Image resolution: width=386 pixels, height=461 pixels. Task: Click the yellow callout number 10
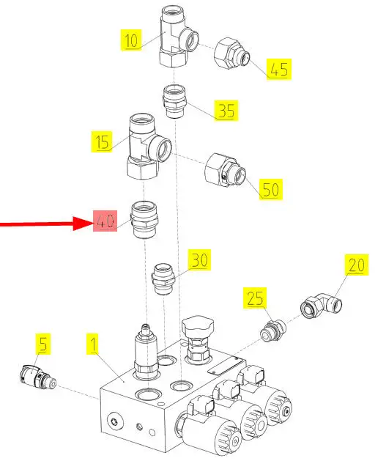131,40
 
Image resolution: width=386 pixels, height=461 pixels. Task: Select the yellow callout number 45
279,69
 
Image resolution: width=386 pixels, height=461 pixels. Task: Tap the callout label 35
226,111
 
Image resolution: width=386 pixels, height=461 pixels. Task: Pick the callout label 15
102,141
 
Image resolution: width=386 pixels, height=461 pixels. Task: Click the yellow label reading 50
270,189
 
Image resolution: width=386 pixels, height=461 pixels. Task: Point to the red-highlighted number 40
105,221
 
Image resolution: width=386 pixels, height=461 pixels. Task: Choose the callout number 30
199,260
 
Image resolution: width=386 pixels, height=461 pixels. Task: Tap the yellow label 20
357,265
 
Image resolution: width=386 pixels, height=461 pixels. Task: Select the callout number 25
255,298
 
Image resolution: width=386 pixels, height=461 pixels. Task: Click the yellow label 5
43,344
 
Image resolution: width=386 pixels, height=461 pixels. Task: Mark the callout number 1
93,344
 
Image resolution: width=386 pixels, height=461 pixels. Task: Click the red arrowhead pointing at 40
83,224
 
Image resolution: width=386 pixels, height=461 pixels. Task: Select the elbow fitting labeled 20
321,305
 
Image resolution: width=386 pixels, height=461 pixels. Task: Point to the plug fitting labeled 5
37,377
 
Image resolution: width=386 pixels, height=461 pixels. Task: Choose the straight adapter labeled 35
174,101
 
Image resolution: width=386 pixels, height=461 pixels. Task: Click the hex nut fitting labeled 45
231,54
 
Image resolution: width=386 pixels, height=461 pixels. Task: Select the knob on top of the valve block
196,325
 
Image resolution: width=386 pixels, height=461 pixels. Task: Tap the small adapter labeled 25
273,331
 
